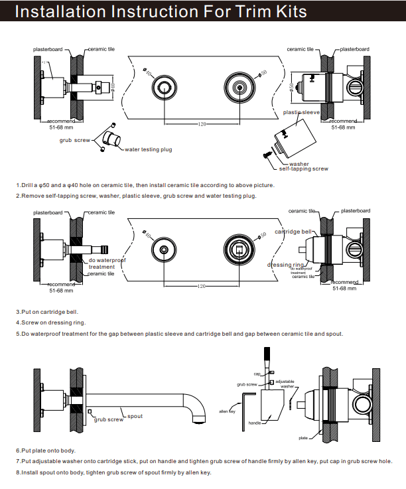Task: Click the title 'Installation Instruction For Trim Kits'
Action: (x=161, y=12)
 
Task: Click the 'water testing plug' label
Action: (x=148, y=149)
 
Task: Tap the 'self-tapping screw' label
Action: (x=303, y=169)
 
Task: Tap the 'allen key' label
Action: (x=228, y=411)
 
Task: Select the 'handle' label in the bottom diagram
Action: (x=254, y=422)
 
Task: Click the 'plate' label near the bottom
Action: (x=303, y=438)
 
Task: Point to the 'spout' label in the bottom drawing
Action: (x=135, y=416)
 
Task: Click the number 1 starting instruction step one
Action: (x=18, y=185)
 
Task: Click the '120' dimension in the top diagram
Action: (x=202, y=124)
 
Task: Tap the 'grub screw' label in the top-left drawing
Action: (x=74, y=141)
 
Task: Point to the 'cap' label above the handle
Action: (x=257, y=374)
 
